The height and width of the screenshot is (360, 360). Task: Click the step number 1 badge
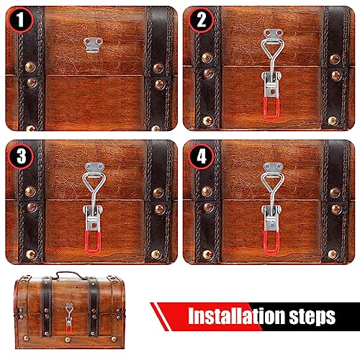tap(20, 20)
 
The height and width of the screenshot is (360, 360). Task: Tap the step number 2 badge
tap(201, 20)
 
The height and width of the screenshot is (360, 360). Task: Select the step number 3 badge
tap(21, 156)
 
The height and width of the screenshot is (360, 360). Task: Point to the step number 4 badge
tap(201, 156)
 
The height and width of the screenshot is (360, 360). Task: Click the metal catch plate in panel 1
tap(93, 45)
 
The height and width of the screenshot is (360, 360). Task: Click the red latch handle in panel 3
tap(92, 242)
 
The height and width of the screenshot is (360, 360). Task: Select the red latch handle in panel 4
tap(271, 242)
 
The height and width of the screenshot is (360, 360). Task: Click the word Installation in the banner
tap(236, 316)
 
